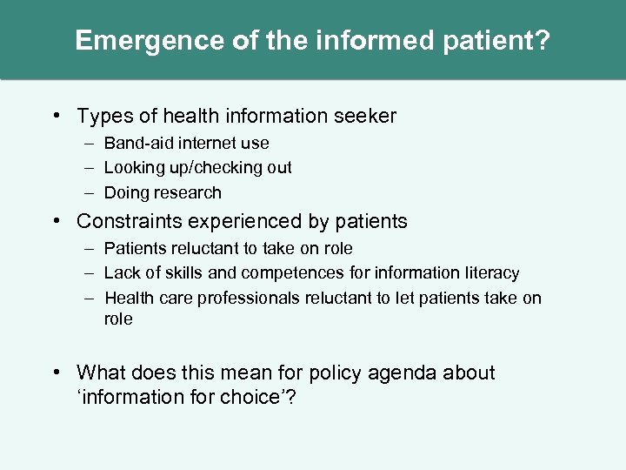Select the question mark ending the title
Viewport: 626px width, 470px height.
(x=543, y=41)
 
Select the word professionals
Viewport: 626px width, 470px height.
(x=249, y=298)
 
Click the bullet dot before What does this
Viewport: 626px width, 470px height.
(x=57, y=373)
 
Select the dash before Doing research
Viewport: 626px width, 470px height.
(x=90, y=192)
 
